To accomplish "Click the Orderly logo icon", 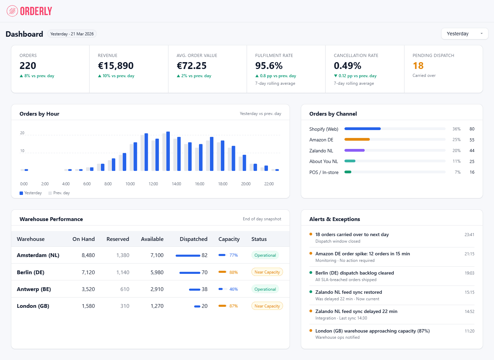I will click(12, 11).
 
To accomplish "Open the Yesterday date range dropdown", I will click(464, 34).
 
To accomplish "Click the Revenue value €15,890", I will click(116, 66).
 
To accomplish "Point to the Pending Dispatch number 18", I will click(418, 66).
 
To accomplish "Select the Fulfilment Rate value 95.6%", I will click(269, 66).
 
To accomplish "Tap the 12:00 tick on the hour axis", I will click(153, 184).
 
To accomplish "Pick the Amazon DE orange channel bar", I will click(357, 139).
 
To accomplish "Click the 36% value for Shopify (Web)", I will click(456, 129).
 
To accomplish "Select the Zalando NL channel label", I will click(321, 151).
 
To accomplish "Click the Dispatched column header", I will click(193, 239).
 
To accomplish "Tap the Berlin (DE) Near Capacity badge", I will click(267, 272).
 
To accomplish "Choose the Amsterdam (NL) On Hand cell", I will click(88, 255).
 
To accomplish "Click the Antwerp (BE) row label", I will click(34, 289).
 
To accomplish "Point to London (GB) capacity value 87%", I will click(233, 306).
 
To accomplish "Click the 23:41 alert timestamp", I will click(469, 235).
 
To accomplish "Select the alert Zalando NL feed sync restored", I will click(349, 292).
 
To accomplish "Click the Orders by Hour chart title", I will click(39, 114).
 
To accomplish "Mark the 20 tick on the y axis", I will click(22, 133).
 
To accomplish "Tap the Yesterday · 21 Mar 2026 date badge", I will click(72, 34).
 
